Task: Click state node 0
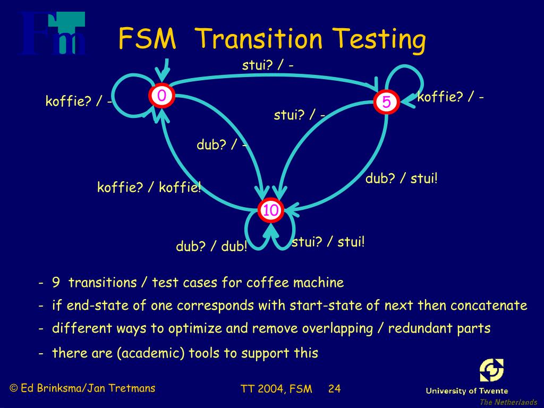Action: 161,96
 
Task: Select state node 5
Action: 386,102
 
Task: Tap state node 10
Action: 270,210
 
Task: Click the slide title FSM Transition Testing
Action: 271,39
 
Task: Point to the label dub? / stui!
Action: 401,178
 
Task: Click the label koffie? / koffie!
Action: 149,188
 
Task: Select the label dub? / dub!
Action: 211,247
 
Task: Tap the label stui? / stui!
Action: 328,242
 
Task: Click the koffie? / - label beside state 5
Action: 450,97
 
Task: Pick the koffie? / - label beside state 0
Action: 79,101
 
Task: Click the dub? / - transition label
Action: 222,145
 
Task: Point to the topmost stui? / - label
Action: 268,65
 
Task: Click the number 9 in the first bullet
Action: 56,283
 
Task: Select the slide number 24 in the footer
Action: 334,388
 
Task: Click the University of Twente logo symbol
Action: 491,370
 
